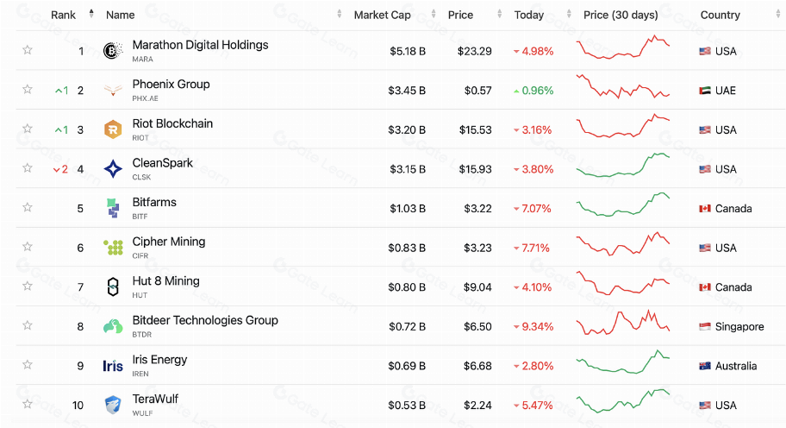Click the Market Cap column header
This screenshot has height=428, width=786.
tap(382, 15)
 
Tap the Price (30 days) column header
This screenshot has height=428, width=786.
tap(620, 15)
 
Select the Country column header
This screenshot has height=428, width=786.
tap(720, 15)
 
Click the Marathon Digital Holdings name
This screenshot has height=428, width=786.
tap(200, 45)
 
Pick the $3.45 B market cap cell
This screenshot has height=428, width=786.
tap(407, 91)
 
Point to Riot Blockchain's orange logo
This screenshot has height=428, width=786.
tap(113, 129)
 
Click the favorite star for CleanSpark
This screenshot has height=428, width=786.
tap(28, 168)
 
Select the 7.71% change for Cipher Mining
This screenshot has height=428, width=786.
tap(537, 248)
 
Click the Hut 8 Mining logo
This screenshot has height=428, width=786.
tap(113, 287)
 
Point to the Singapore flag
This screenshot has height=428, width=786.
tap(705, 327)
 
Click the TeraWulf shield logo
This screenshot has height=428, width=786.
tap(113, 405)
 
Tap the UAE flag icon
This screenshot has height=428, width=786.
tap(705, 91)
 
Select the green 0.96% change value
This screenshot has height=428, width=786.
tap(537, 91)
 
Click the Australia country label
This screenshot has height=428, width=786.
tap(736, 366)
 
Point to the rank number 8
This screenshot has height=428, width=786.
tap(80, 326)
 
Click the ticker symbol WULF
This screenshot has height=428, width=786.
tap(142, 413)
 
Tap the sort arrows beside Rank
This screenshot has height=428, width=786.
tap(91, 14)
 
